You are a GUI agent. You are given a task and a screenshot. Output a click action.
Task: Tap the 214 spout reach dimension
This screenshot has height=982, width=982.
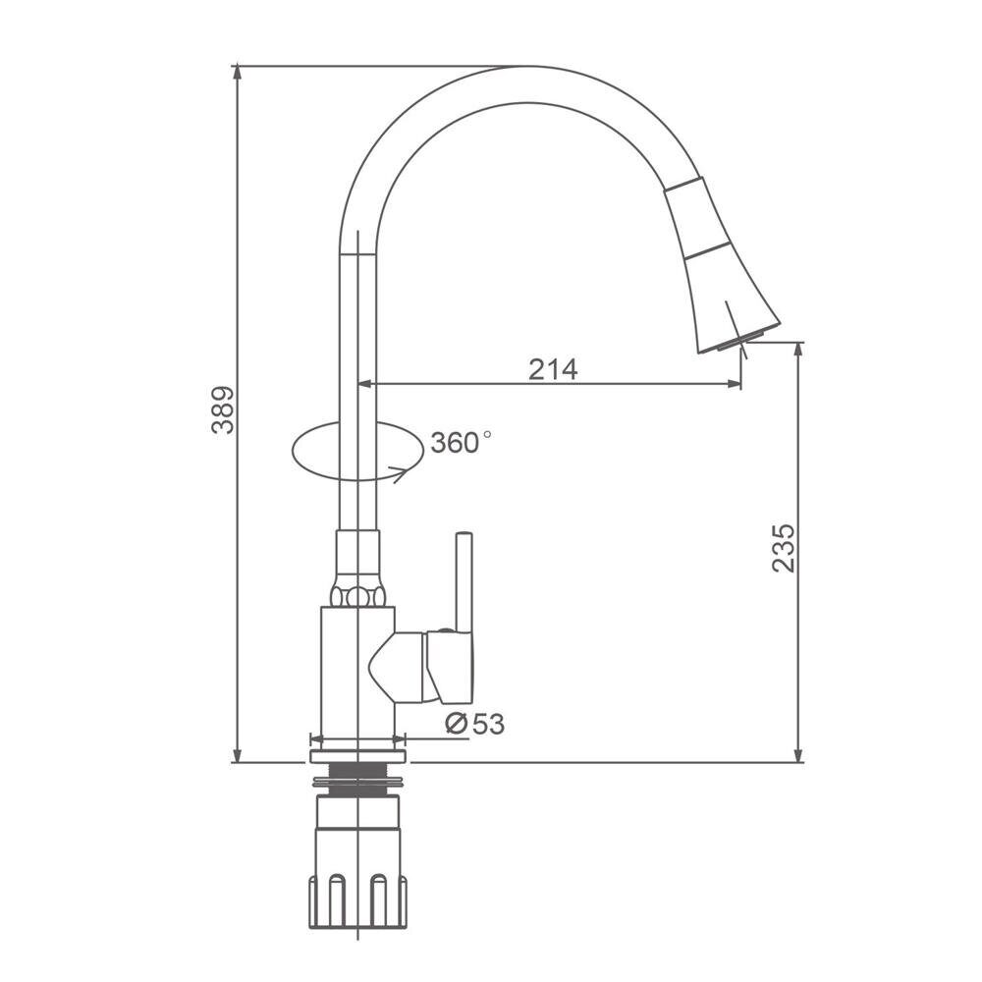coord(553,369)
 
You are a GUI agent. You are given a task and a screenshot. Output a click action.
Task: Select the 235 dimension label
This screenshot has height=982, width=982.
coord(784,548)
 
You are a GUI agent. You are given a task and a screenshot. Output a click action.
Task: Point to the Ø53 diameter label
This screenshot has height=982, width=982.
coord(474,724)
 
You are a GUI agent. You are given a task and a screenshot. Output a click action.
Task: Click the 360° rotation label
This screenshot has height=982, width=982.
coord(461,443)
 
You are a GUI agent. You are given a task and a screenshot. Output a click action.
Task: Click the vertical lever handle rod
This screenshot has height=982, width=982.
coord(464,582)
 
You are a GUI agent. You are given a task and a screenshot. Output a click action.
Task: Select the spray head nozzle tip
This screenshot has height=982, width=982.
coord(740,342)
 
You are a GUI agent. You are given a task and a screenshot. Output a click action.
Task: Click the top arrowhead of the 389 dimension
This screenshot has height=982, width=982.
coord(237,72)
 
